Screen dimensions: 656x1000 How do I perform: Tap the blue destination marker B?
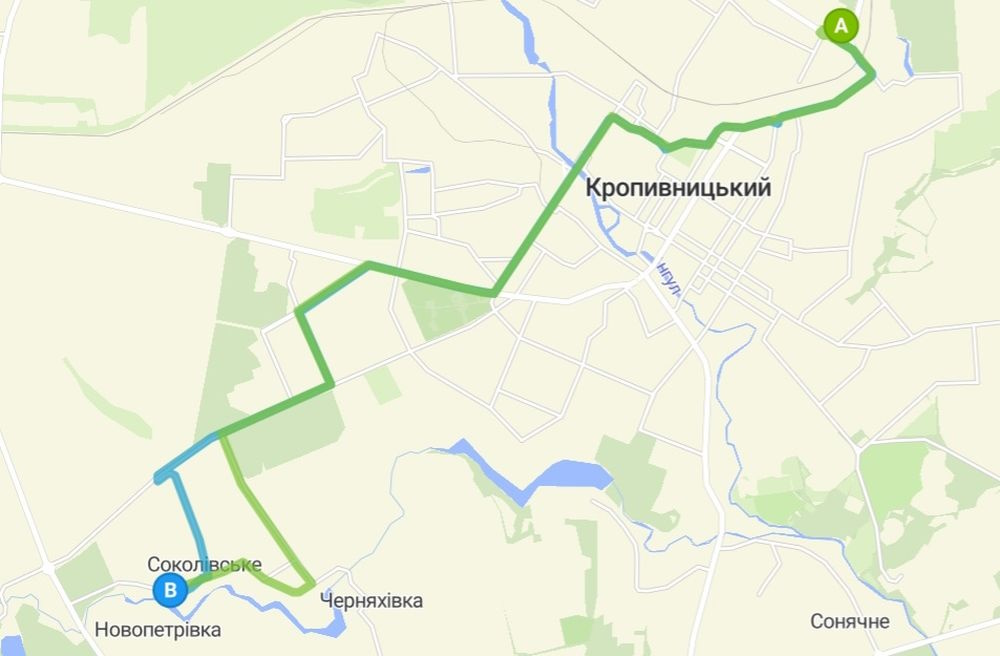point(170,591)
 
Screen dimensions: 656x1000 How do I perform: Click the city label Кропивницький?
point(677,188)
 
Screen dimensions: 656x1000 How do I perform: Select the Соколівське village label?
point(204,565)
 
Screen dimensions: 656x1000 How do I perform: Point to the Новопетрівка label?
point(158,630)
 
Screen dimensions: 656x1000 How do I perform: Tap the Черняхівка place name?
point(371,601)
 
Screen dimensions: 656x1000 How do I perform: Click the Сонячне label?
point(850,622)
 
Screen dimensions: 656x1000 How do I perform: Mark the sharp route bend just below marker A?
point(872,74)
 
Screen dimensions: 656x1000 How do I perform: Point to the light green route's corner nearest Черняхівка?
point(311,583)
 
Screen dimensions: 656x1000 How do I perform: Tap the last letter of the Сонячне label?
point(883,622)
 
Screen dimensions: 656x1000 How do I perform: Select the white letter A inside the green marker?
point(840,25)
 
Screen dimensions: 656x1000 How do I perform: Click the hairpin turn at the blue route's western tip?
point(158,478)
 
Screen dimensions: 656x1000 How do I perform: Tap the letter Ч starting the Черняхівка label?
point(326,601)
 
